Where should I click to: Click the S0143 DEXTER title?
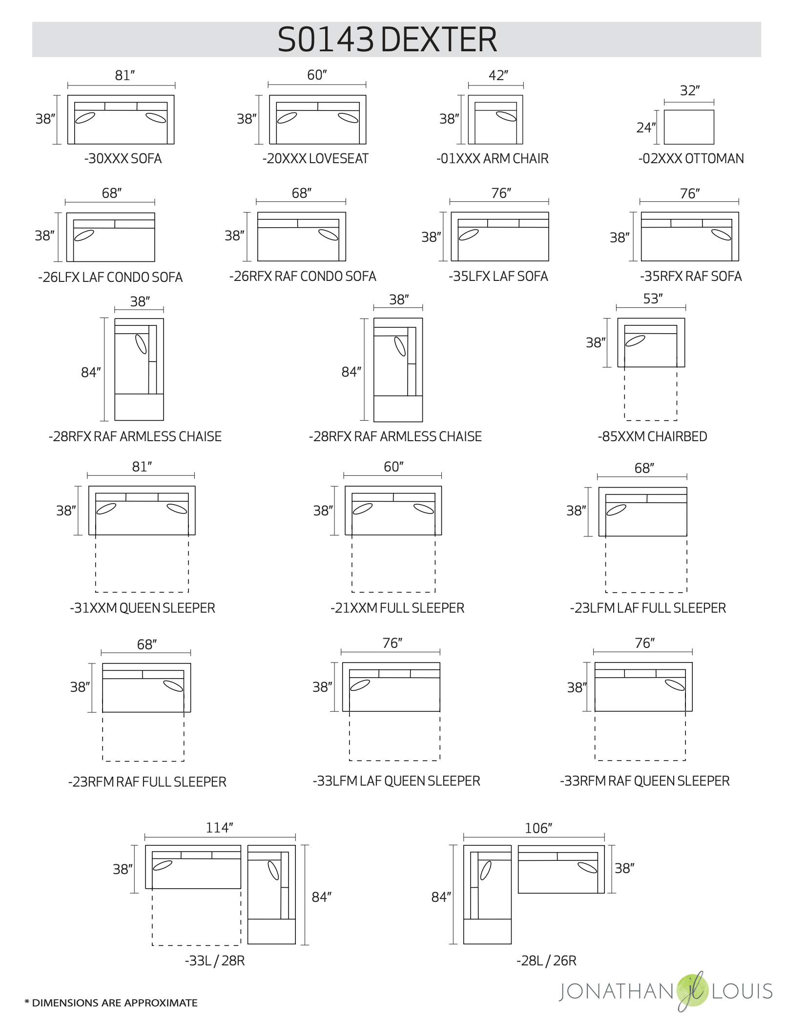(x=387, y=40)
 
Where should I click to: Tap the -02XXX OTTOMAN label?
(x=691, y=159)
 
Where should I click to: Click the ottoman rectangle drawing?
(x=689, y=127)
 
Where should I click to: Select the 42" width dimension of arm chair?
(x=498, y=76)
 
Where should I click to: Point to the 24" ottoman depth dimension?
(x=646, y=128)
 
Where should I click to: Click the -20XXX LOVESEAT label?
(x=315, y=159)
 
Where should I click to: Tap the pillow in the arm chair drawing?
(x=506, y=116)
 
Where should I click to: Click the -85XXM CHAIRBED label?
(x=652, y=436)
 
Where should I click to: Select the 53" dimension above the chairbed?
(x=653, y=299)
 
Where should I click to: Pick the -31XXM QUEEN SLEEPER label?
(x=142, y=608)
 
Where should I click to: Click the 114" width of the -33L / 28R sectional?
(x=219, y=828)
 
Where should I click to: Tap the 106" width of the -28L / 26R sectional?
(x=538, y=828)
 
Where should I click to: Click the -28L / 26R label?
(x=546, y=961)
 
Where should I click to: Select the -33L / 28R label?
(x=214, y=961)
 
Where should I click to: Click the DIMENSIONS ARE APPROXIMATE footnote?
(x=111, y=1003)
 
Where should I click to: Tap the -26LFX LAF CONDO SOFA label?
(x=110, y=278)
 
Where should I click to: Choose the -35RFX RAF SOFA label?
(x=691, y=277)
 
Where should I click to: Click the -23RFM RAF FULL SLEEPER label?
(x=147, y=782)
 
